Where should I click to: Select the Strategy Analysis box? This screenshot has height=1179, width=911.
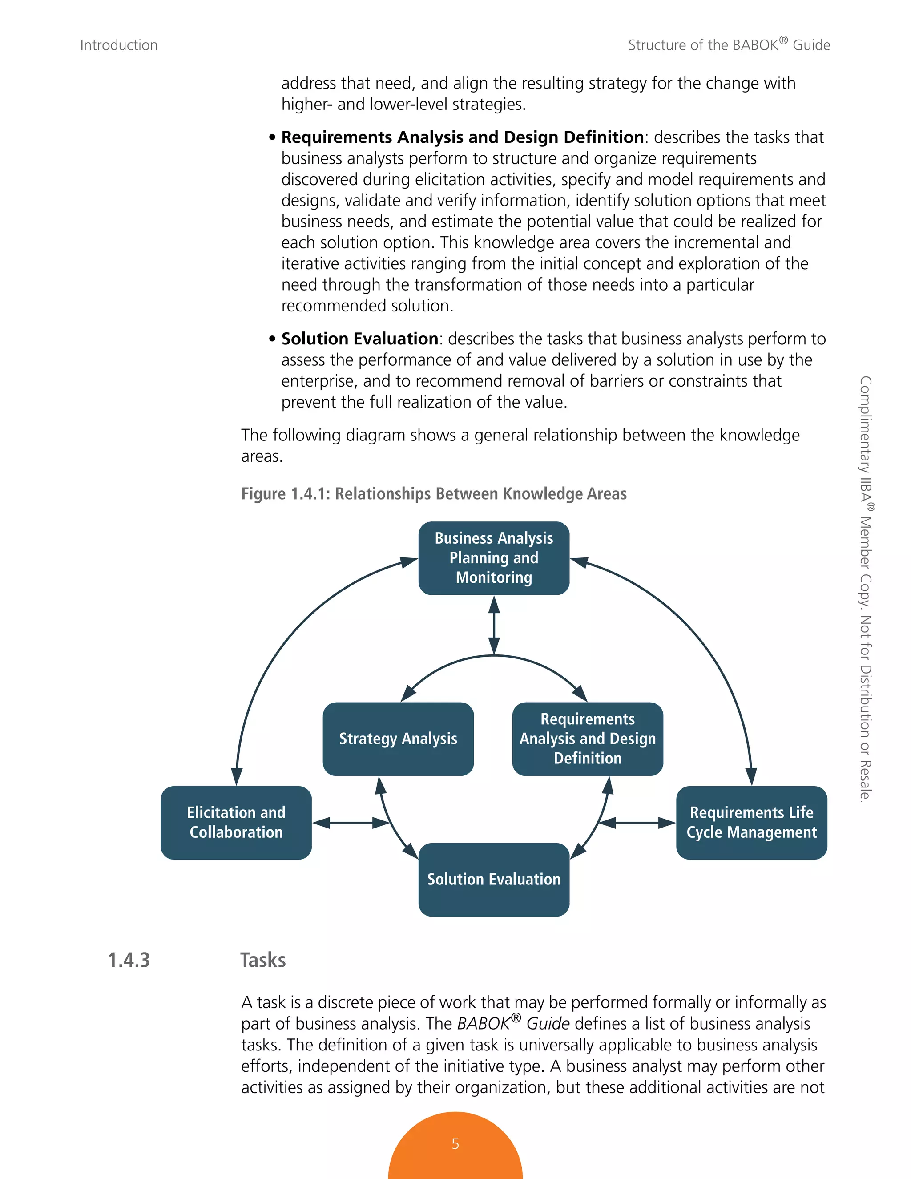pyautogui.click(x=398, y=739)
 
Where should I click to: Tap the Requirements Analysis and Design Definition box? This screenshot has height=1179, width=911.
pyautogui.click(x=587, y=739)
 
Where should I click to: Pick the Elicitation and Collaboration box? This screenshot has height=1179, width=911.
pyautogui.click(x=236, y=822)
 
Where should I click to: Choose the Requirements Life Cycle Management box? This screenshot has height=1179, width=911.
pyautogui.click(x=751, y=822)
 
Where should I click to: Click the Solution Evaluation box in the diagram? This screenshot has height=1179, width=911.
pyautogui.click(x=494, y=879)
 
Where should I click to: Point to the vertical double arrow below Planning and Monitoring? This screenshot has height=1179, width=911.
pyautogui.click(x=494, y=625)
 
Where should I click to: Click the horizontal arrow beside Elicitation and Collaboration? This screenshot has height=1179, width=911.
pyautogui.click(x=351, y=823)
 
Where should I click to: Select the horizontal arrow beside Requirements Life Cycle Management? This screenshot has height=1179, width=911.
pyautogui.click(x=637, y=823)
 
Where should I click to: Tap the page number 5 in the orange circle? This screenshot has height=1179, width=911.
pyautogui.click(x=455, y=1143)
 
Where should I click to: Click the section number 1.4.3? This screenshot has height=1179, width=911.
pyautogui.click(x=129, y=960)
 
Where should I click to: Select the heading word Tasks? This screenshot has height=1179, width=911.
pyautogui.click(x=263, y=960)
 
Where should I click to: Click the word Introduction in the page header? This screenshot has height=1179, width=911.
pyautogui.click(x=119, y=45)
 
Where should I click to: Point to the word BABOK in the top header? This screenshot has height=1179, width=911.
pyautogui.click(x=755, y=45)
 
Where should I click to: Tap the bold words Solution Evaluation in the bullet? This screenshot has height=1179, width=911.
pyautogui.click(x=359, y=339)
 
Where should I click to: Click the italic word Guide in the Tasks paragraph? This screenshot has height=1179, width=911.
pyautogui.click(x=548, y=1024)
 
